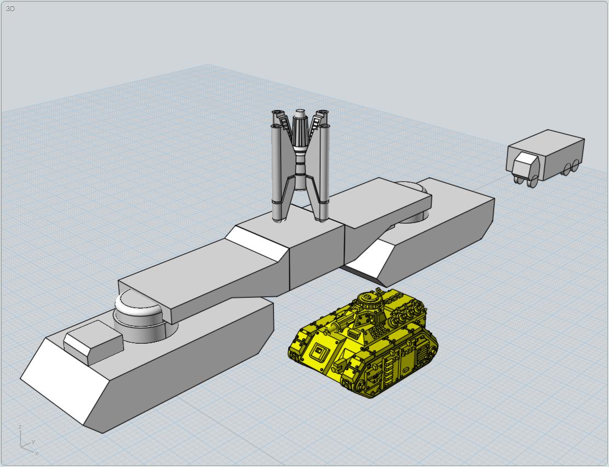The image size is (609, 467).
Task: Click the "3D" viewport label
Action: coord(10,9)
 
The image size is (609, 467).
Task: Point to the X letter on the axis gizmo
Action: coord(37,453)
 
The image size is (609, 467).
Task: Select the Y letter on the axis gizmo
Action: coord(33,442)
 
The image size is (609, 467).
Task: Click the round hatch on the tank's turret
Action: coord(368,298)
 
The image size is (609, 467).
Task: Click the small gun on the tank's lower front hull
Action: coord(339,364)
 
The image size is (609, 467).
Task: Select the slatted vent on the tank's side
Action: coord(420,352)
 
